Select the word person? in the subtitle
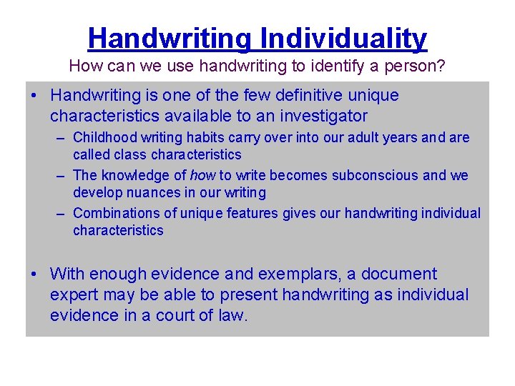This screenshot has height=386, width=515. [x=421, y=66]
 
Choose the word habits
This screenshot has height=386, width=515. [x=191, y=137]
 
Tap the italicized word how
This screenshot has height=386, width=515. [x=202, y=175]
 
